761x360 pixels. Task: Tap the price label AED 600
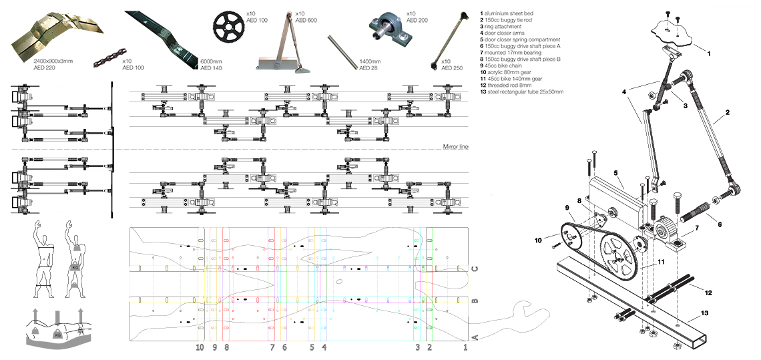(x=306, y=21)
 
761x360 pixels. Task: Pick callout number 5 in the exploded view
(x=617, y=172)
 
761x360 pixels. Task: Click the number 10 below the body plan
(x=199, y=348)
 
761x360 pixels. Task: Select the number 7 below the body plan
(x=272, y=348)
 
